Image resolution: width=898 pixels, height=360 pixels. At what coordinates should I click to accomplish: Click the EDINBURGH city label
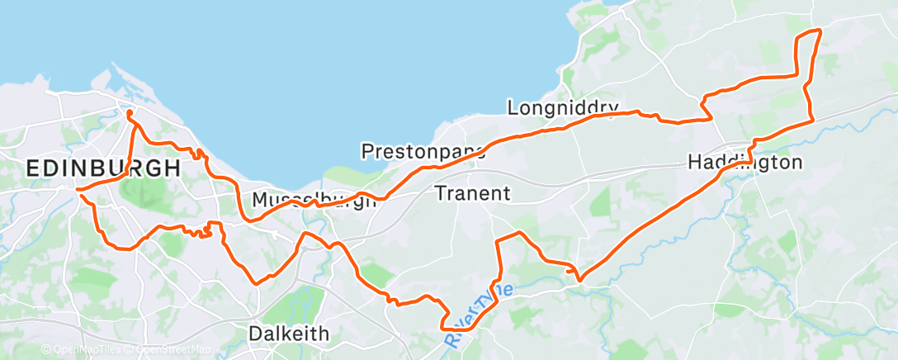(103, 168)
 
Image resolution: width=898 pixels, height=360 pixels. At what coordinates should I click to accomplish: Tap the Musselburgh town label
(314, 200)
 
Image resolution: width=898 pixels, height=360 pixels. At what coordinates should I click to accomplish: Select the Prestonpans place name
(423, 151)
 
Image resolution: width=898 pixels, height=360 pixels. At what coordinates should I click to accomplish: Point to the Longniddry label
(563, 107)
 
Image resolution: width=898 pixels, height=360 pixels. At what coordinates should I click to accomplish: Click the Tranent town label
(472, 194)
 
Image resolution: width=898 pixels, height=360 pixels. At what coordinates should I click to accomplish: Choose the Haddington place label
(744, 163)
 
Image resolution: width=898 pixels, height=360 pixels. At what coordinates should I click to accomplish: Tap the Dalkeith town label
(288, 334)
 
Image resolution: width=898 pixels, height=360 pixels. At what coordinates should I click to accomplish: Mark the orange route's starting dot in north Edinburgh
(130, 113)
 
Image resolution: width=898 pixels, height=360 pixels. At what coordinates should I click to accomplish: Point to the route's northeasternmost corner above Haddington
(820, 31)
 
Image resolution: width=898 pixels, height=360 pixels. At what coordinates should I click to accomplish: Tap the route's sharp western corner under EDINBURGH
(78, 190)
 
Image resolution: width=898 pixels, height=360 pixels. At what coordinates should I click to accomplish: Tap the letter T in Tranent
(439, 194)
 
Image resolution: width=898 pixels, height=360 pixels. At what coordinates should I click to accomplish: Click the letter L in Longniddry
(513, 107)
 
